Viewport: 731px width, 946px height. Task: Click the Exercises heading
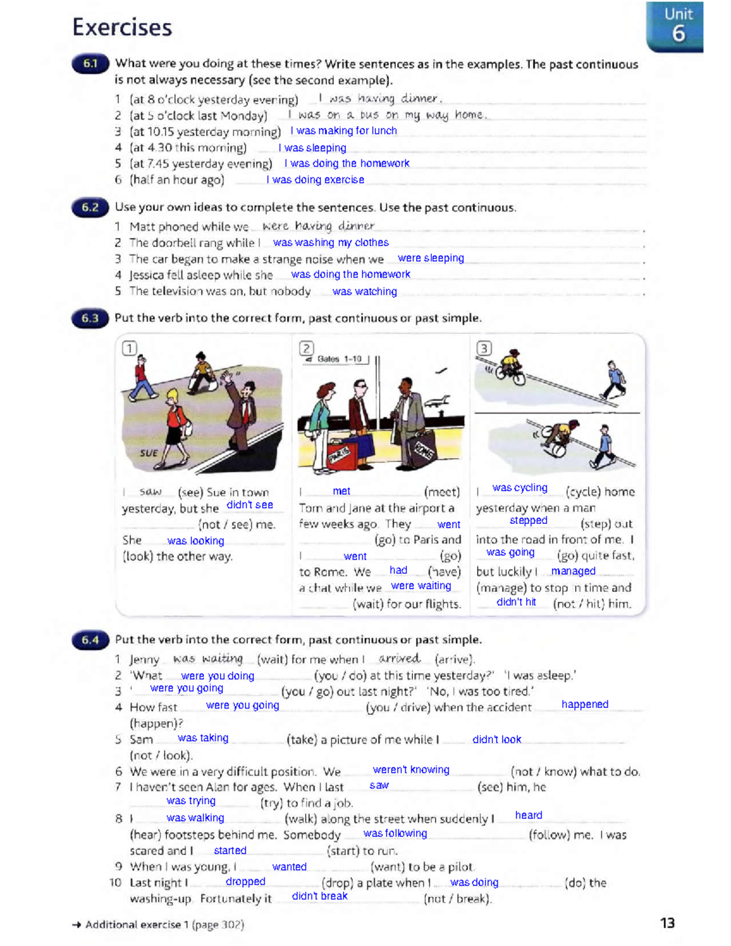[122, 27]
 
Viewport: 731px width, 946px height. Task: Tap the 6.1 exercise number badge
[90, 64]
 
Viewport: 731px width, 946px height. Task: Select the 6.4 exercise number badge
[90, 640]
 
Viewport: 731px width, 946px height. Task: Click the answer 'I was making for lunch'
[344, 130]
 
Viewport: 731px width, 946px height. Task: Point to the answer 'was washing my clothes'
[331, 242]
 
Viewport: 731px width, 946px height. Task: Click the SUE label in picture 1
[148, 453]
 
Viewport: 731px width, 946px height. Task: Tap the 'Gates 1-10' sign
[337, 359]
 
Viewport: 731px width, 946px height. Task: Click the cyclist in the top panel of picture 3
[510, 367]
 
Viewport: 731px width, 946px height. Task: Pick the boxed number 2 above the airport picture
[306, 348]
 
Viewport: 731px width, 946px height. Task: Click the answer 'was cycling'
[520, 488]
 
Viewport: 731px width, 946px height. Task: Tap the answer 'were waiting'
[421, 585]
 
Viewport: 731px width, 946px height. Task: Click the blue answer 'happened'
[585, 704]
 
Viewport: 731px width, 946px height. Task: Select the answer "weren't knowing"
[411, 770]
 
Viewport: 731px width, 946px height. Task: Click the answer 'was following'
[395, 833]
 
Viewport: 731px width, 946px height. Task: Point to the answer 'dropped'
[245, 881]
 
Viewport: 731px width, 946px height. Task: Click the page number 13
[667, 923]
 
